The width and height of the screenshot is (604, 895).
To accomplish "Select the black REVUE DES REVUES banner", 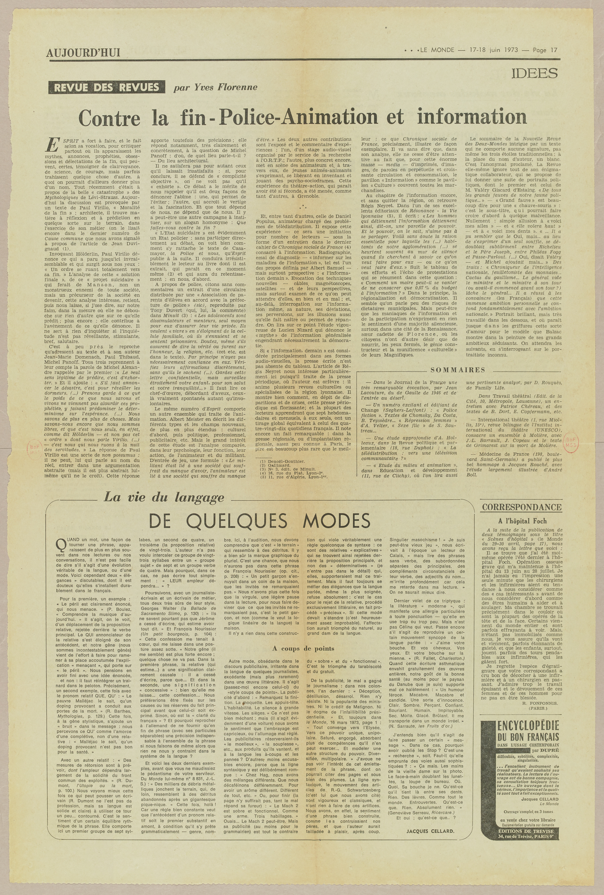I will point(106,87).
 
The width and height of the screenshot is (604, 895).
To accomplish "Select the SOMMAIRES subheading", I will point(458,370).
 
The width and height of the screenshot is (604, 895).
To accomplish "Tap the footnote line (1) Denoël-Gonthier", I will point(282,461).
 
